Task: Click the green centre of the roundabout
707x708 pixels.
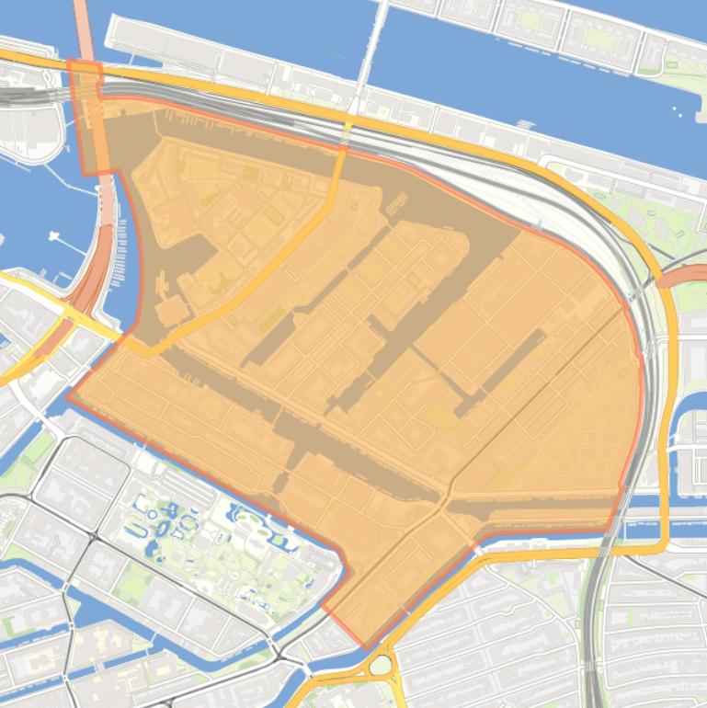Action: point(381,665)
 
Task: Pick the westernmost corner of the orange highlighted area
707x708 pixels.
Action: point(67,397)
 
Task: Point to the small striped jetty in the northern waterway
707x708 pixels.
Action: point(525,124)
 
